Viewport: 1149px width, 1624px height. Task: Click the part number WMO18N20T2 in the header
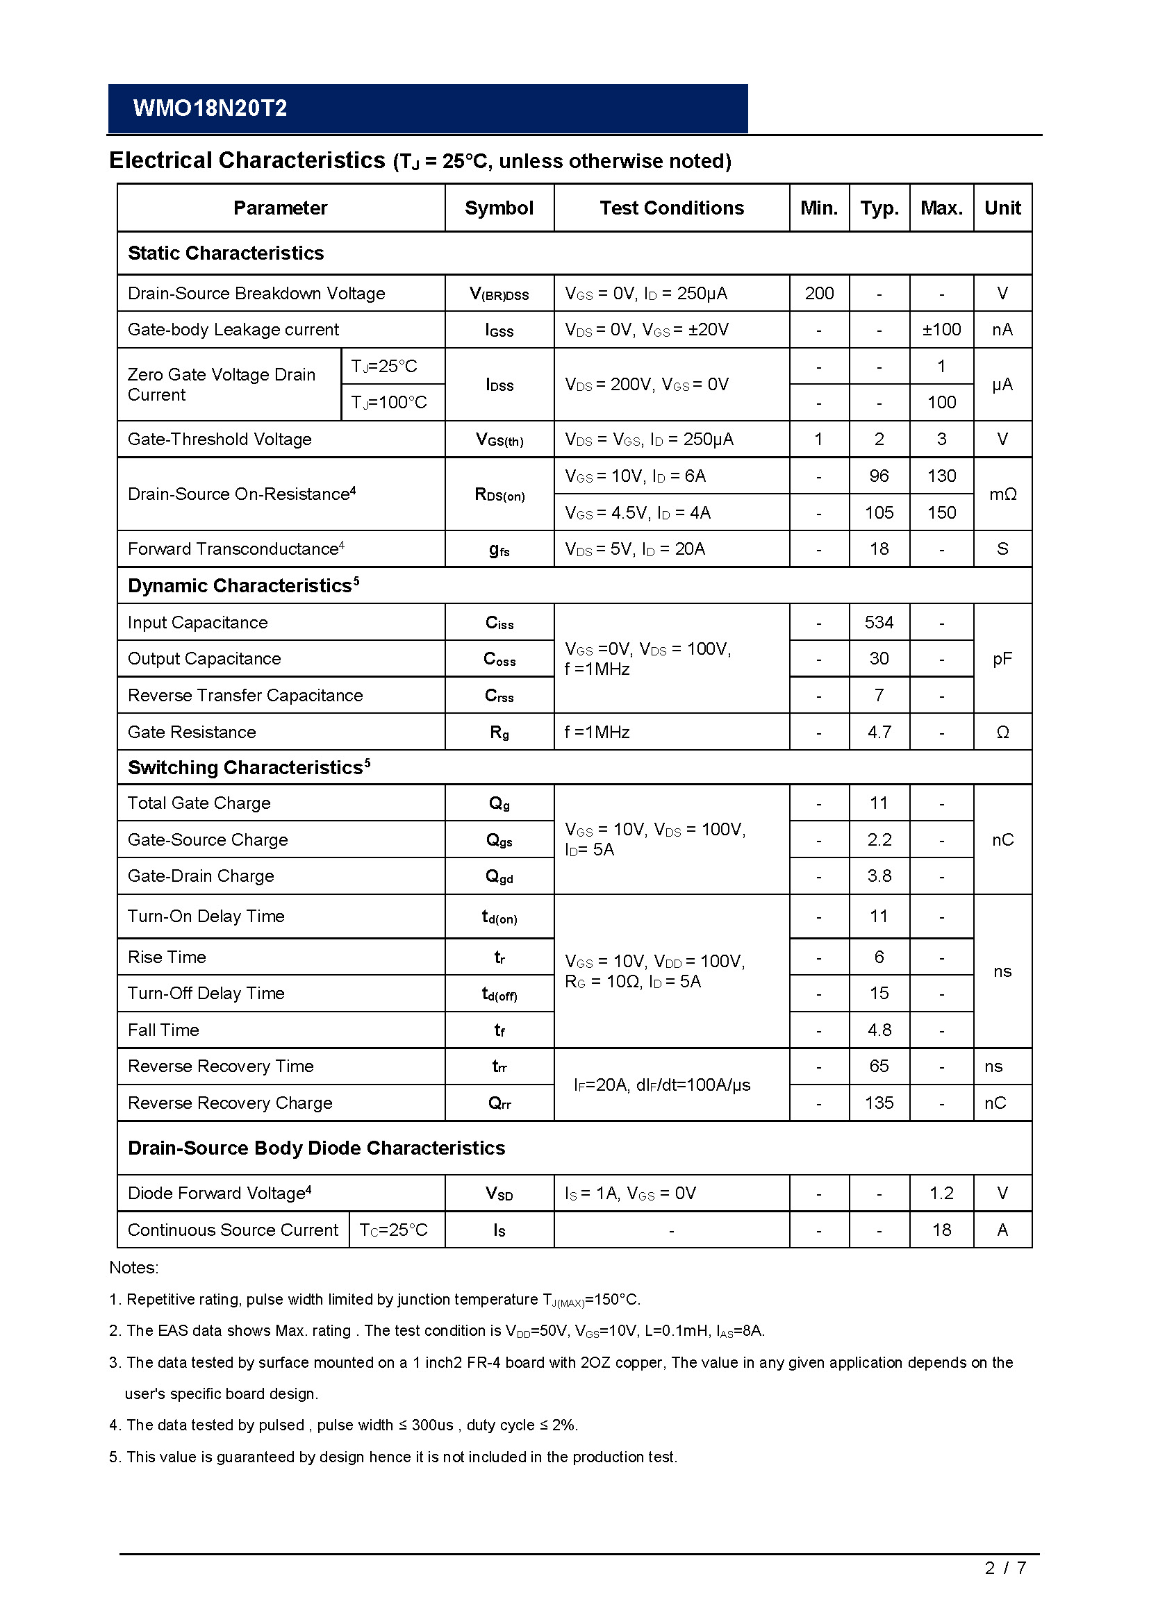click(x=209, y=108)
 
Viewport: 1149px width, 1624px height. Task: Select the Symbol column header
click(x=499, y=208)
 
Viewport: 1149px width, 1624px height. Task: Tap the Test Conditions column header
click(x=672, y=208)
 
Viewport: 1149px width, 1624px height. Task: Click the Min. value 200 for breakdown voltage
click(x=818, y=294)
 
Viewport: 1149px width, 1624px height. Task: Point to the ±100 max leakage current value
click(x=941, y=330)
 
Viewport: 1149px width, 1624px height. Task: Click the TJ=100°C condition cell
click(x=389, y=403)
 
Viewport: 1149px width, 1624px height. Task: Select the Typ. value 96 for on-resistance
click(x=879, y=476)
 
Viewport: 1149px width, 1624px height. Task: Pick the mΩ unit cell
click(x=1002, y=494)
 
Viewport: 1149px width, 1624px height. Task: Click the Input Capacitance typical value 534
click(x=879, y=622)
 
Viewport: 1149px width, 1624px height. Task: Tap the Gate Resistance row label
click(x=192, y=732)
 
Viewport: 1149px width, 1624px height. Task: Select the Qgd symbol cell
click(x=499, y=876)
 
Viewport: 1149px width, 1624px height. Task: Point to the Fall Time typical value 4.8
click(x=879, y=1030)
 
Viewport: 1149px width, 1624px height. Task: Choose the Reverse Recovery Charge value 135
click(x=879, y=1103)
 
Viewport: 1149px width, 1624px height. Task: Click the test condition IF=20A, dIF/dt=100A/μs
click(x=661, y=1085)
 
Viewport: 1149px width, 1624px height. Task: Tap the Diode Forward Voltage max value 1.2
click(x=941, y=1194)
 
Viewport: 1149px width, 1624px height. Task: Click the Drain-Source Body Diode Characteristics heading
click(x=316, y=1148)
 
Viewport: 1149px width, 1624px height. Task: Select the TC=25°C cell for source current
click(x=393, y=1230)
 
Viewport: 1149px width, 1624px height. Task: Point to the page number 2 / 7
click(x=1005, y=1588)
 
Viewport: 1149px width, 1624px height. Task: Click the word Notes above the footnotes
click(x=133, y=1268)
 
